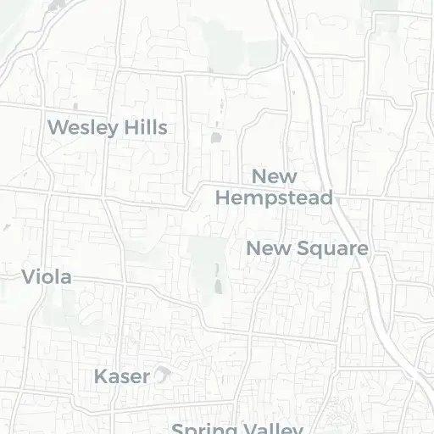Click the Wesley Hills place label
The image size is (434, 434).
click(x=108, y=128)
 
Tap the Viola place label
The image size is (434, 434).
click(x=47, y=276)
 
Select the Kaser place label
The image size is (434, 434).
click(x=122, y=376)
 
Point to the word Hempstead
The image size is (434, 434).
click(x=273, y=198)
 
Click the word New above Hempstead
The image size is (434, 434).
click(x=275, y=176)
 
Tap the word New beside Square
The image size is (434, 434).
click(x=266, y=248)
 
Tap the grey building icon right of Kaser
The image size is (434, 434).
click(x=162, y=375)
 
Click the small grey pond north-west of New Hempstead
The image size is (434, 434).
click(x=214, y=136)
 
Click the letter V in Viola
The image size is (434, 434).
click(x=28, y=276)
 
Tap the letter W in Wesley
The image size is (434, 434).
click(x=58, y=128)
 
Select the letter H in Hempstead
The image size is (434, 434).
click(x=224, y=198)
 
